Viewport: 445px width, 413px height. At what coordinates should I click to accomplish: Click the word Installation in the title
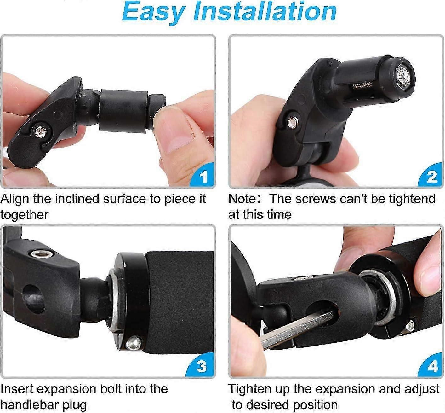tap(265, 11)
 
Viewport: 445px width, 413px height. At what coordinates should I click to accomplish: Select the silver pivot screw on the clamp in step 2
tap(292, 122)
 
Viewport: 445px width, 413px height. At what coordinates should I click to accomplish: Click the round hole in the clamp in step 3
tap(34, 299)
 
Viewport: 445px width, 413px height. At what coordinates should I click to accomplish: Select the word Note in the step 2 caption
tap(242, 199)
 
